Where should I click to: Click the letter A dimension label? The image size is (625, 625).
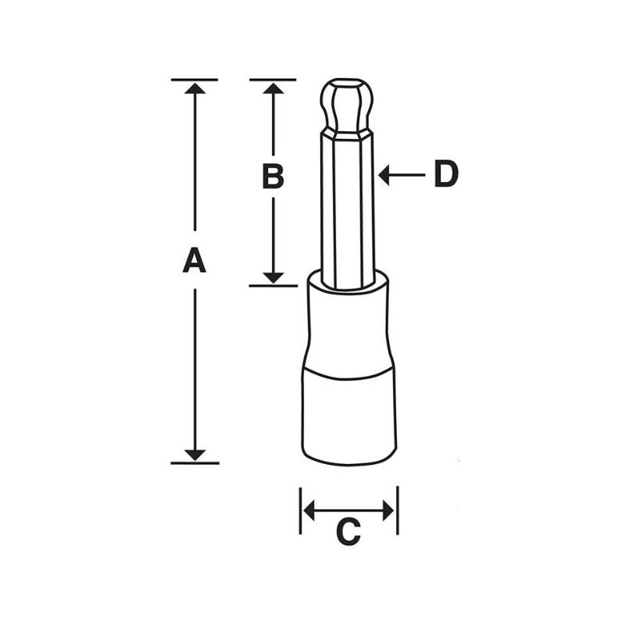coord(195,260)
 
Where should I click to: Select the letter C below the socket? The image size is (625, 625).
coord(348,533)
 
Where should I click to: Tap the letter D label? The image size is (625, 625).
coord(445,174)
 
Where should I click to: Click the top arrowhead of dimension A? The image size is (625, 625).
coord(195,87)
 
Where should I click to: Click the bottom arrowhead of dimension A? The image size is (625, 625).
coord(195,454)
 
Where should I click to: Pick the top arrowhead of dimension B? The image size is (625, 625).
coord(273,87)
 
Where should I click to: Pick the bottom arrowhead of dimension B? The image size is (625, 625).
coord(273,277)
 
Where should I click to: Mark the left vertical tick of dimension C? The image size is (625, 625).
coord(301,511)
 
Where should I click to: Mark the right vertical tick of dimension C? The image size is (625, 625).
coord(397,511)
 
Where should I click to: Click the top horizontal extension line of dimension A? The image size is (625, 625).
coord(195,80)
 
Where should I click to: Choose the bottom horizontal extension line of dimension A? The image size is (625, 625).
coord(195,462)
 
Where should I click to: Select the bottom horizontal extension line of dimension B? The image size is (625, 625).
coord(273,285)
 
